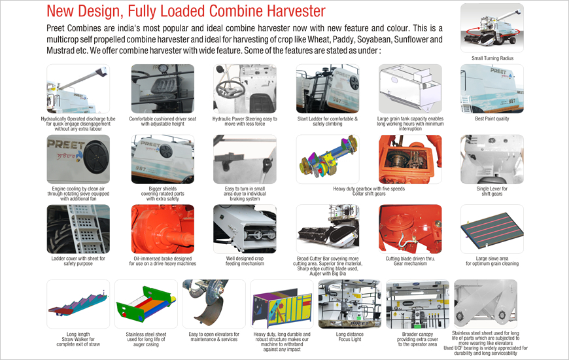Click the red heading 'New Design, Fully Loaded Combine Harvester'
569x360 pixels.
186,11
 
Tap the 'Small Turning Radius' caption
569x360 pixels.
492,58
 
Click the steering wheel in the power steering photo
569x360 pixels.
230,88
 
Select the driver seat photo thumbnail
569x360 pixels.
163,88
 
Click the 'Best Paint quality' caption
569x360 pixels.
492,118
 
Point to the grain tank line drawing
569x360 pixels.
411,88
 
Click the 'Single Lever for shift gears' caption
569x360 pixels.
492,191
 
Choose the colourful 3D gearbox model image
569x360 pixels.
328,159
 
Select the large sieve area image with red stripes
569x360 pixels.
492,229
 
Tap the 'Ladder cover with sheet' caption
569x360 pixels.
78,259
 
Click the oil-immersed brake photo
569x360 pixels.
163,229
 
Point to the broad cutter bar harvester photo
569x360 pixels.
328,229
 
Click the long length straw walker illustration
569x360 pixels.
78,304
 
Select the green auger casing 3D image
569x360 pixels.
147,304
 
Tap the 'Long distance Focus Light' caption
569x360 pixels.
350,336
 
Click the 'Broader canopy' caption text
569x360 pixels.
418,334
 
